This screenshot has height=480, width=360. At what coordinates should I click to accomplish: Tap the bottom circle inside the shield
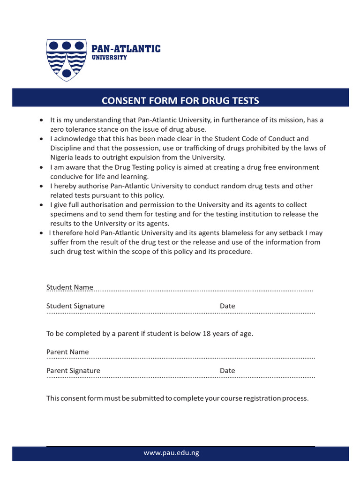tap(67, 73)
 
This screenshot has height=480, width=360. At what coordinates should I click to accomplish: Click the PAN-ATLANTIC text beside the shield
tap(126, 49)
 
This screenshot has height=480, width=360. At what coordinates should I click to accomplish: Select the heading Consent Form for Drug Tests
tap(180, 101)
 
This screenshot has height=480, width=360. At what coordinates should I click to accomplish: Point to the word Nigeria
tap(62, 157)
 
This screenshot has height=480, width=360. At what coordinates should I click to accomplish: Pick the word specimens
tap(66, 214)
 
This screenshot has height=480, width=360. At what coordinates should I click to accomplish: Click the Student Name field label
tap(69, 287)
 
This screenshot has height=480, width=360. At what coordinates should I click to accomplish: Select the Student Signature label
tap(75, 306)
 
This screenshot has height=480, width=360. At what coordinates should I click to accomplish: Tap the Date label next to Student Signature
tap(227, 306)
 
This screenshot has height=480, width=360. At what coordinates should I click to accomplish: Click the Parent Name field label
tap(67, 352)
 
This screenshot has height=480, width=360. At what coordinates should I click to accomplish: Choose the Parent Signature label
tap(73, 371)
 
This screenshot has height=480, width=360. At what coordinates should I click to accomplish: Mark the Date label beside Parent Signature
tap(227, 371)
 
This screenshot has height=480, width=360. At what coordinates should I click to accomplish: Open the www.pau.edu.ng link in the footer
tap(171, 453)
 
